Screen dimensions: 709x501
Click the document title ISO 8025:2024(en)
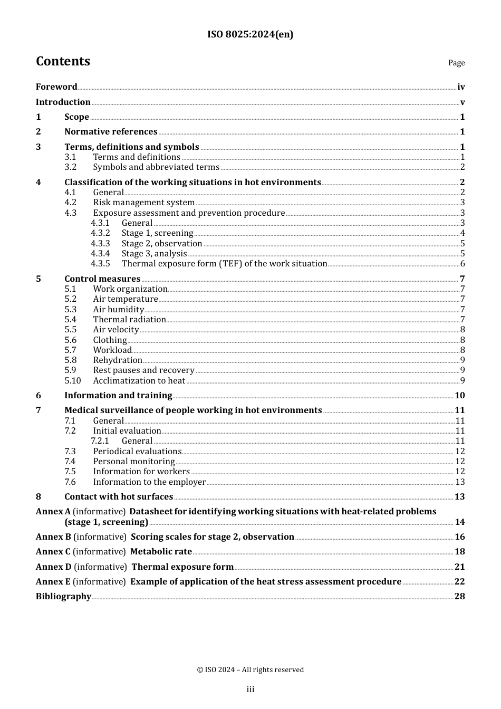click(x=250, y=34)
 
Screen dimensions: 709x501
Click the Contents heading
click(x=63, y=61)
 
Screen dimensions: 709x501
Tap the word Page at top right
click(x=456, y=63)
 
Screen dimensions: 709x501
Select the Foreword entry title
click(x=56, y=87)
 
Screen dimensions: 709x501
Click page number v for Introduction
click(x=462, y=102)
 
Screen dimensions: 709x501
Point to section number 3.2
click(x=71, y=167)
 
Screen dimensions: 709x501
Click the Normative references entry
click(x=111, y=132)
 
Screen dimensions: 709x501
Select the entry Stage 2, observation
click(x=161, y=244)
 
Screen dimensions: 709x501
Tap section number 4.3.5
click(x=100, y=264)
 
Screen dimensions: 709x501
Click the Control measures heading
click(x=102, y=279)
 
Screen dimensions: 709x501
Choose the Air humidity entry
click(x=118, y=310)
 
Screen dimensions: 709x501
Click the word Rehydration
click(x=118, y=360)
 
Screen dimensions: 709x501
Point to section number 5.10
click(x=73, y=381)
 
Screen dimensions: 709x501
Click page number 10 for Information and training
click(x=459, y=396)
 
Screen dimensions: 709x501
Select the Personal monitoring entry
click(x=134, y=462)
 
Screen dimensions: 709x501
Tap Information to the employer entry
click(x=149, y=482)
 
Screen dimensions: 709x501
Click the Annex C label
click(x=53, y=552)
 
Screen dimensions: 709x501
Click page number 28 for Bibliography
click(x=459, y=597)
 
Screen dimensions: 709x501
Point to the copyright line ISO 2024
click(x=250, y=669)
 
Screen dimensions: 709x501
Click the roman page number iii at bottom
click(x=250, y=689)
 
